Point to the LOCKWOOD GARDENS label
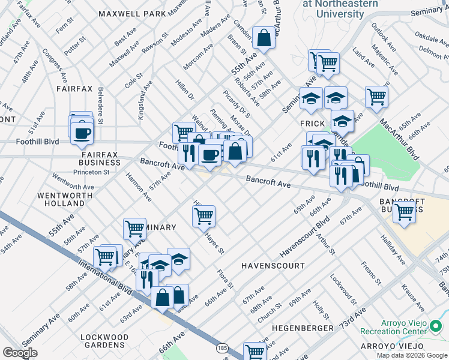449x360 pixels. tap(104, 341)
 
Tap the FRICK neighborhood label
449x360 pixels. tap(312, 122)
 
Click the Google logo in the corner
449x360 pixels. tap(20, 352)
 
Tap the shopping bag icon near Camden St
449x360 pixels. tap(264, 38)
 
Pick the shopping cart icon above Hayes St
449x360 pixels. tap(204, 215)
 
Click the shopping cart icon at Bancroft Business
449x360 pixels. tap(405, 211)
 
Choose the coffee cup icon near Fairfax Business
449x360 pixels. tap(82, 133)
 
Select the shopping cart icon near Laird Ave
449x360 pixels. tap(376, 96)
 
